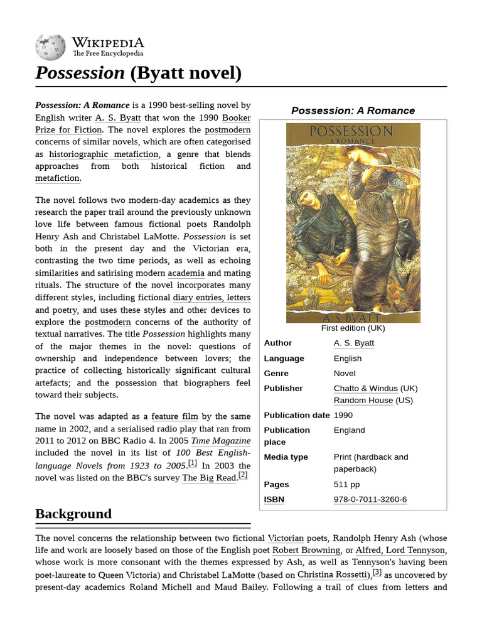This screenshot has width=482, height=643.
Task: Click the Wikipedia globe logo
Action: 50,47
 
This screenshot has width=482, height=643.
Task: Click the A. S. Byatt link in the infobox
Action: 353,343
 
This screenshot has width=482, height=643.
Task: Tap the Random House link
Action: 363,400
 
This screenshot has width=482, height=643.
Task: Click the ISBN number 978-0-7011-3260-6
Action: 370,499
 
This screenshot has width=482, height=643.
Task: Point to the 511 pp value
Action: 346,484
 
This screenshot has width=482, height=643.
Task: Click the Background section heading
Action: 73,514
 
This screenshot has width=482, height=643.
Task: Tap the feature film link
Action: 173,416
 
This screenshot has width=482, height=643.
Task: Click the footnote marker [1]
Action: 192,463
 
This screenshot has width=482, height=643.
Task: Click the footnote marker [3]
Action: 377,571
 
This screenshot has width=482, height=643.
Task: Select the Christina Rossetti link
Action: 333,575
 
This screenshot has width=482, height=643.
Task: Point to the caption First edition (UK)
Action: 353,328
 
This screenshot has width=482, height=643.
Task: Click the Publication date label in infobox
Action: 296,415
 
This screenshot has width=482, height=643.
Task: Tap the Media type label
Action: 286,457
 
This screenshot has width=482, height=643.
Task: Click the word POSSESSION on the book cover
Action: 353,131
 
